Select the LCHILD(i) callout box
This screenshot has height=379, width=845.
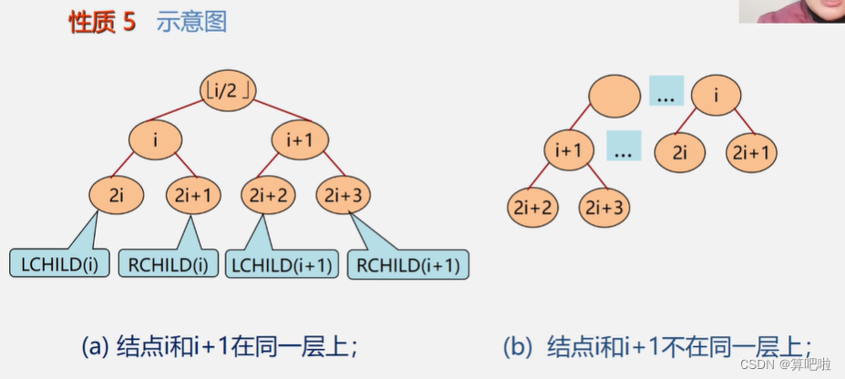pos(60,265)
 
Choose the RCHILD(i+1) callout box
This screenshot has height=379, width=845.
pos(408,265)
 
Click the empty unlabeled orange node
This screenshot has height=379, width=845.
pos(613,95)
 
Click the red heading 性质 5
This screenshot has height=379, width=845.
pos(102,23)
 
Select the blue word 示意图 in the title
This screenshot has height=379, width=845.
pos(191,23)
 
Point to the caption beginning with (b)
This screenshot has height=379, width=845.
pos(656,346)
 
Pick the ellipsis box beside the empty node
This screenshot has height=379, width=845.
pos(665,91)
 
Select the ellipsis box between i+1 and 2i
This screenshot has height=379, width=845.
pos(623,146)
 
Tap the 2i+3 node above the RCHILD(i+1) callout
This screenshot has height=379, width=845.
pos(344,194)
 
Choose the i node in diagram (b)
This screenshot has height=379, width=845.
pos(716,95)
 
